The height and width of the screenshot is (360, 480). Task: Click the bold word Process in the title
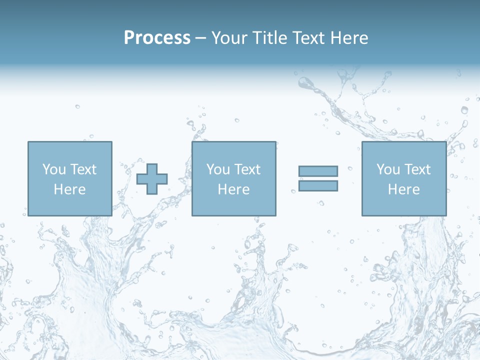[x=157, y=38]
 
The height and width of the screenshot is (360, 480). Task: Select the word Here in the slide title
[x=348, y=38]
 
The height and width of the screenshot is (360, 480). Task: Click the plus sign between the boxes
[x=152, y=179]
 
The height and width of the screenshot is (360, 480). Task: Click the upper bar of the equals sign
[x=318, y=171]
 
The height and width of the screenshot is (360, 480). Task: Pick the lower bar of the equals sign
[x=318, y=186]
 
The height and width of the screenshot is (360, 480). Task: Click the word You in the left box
[x=54, y=169]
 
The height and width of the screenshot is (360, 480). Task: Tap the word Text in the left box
[x=83, y=169]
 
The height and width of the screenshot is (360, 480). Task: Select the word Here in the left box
[x=69, y=189]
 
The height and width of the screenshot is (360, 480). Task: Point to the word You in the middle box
[x=218, y=169]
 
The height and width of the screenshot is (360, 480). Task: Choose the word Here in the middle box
[x=233, y=189]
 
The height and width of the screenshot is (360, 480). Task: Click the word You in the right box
[x=388, y=169]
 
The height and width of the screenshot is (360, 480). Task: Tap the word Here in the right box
[x=403, y=189]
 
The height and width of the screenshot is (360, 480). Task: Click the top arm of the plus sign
[x=152, y=168]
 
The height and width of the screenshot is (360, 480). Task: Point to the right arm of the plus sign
[x=162, y=179]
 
